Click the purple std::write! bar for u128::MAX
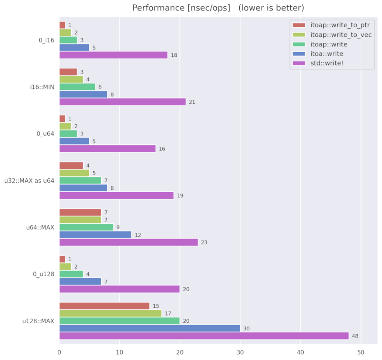point(204,336)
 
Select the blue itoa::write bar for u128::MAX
point(149,328)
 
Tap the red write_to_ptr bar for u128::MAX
point(104,305)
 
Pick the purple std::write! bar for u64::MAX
point(128,242)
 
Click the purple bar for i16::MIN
point(122,102)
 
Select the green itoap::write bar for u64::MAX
point(86,227)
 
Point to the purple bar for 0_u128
point(119,289)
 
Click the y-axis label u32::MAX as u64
point(30,180)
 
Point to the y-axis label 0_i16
point(46,40)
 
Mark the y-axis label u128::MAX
point(39,321)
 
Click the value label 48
point(355,336)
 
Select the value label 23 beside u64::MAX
point(204,242)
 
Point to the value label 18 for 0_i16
point(174,55)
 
